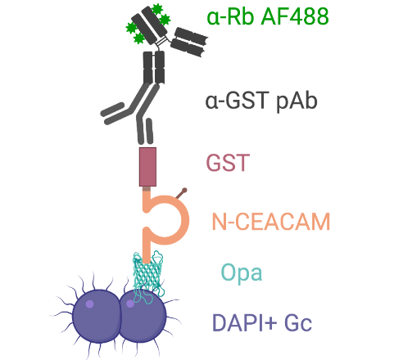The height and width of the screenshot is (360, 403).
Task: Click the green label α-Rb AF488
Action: (268, 16)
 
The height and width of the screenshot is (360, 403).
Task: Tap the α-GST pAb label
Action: (261, 101)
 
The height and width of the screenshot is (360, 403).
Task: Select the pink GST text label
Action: (228, 163)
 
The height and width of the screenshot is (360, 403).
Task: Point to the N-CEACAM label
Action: (271, 222)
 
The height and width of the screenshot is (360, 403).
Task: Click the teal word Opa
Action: (242, 272)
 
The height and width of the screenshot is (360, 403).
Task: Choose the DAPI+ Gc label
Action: (262, 323)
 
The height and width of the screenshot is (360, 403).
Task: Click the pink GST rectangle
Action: (147, 167)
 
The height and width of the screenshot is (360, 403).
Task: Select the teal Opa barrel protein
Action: (147, 277)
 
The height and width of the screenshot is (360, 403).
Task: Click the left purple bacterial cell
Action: (97, 317)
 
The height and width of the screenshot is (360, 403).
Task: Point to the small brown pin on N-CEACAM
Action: (182, 193)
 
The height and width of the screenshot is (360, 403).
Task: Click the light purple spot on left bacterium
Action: (89, 304)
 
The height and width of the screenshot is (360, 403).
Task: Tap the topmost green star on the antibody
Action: (157, 9)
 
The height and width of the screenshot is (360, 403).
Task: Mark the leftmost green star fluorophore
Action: (131, 28)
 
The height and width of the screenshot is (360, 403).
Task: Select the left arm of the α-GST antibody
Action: (113, 114)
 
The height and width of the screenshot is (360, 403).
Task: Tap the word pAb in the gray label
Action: (297, 102)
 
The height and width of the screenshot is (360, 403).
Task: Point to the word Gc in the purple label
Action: (298, 323)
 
